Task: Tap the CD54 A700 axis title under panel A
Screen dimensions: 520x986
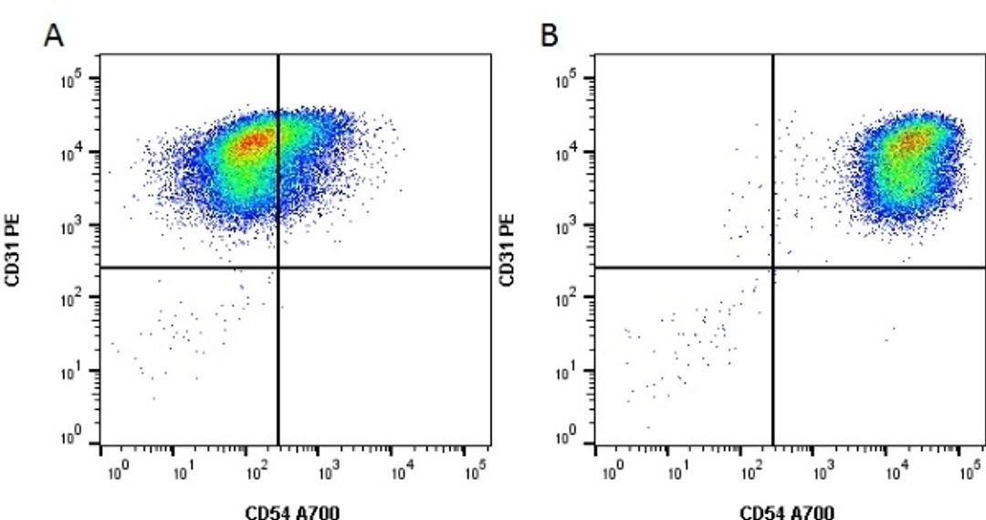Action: coord(294,511)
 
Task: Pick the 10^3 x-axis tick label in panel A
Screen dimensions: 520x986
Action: coord(324,472)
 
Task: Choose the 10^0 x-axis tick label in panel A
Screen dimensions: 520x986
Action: coord(118,472)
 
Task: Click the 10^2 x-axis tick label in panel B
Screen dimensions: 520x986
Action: coord(751,472)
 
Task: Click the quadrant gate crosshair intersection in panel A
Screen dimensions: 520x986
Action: coord(278,268)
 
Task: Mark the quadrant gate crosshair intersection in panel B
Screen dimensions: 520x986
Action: coord(773,268)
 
